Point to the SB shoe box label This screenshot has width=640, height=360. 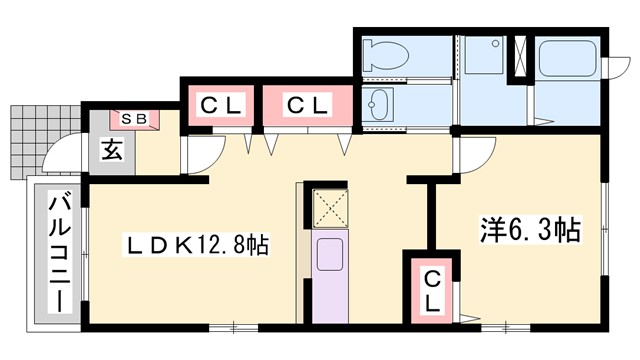[134, 118]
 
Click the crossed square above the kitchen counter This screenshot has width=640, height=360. [326, 207]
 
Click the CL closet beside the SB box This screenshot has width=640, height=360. [219, 104]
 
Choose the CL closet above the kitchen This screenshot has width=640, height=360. [306, 104]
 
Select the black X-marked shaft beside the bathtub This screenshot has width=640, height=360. [520, 57]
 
